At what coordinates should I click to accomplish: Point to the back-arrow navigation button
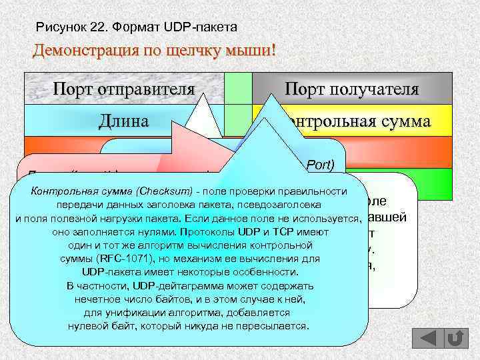coord(424,338)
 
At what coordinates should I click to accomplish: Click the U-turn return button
coord(455,338)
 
